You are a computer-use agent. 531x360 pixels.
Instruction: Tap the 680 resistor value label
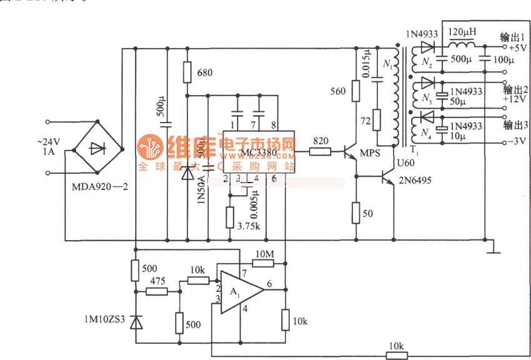click(204, 73)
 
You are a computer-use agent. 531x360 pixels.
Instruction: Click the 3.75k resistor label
click(249, 226)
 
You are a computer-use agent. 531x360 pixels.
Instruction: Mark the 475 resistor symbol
click(157, 291)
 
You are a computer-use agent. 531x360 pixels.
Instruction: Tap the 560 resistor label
click(337, 92)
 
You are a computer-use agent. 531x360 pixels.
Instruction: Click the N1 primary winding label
click(387, 64)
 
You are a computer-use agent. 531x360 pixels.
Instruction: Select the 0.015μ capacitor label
click(367, 63)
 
